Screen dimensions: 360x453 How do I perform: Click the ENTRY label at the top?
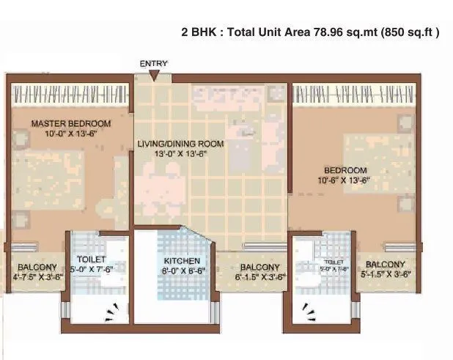(154, 64)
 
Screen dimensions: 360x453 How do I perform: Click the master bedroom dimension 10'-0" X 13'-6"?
(70, 133)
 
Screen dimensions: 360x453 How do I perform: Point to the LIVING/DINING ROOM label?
(180, 144)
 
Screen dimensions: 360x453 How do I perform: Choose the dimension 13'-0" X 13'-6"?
(180, 155)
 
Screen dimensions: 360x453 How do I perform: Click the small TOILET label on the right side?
(334, 261)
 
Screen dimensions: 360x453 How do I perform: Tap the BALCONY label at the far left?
(34, 267)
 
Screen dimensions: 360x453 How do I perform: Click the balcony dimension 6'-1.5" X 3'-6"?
(260, 278)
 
